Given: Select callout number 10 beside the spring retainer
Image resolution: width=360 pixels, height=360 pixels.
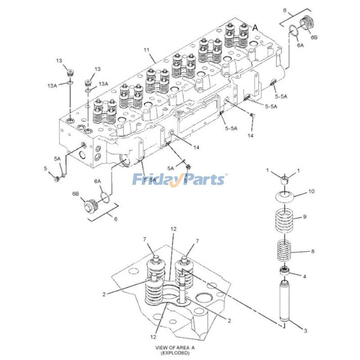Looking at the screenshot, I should [311, 192].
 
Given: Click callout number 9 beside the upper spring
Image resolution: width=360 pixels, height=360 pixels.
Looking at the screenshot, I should [305, 217].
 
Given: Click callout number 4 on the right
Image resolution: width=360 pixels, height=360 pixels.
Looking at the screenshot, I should [305, 276].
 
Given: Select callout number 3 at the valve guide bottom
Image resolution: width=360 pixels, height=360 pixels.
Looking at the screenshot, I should [305, 331].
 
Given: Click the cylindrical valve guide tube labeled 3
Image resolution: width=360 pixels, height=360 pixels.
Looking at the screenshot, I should [285, 301].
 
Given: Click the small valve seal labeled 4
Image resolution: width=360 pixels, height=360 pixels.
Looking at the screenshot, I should [284, 271].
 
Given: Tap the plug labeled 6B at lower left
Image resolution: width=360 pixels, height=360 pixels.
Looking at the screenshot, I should [91, 206].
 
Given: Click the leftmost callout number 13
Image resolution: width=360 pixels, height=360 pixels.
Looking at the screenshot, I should [58, 61].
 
